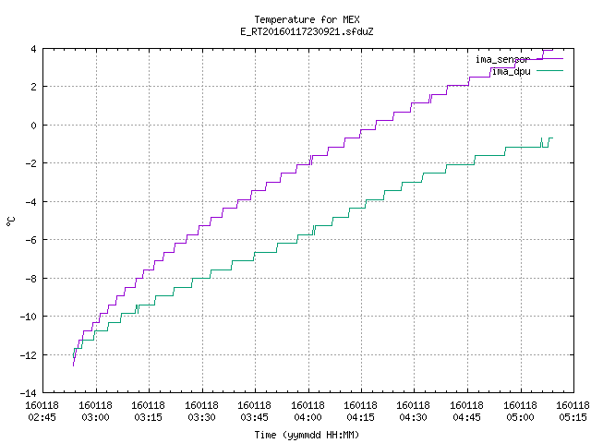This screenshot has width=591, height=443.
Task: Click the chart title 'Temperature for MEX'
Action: (307, 19)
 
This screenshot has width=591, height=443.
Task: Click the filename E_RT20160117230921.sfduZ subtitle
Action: (307, 31)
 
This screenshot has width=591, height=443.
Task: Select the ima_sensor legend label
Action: (502, 59)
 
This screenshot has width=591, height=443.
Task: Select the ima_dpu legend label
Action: (511, 71)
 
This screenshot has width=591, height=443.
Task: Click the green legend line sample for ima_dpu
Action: (549, 70)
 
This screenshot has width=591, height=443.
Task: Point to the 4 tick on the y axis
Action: (33, 49)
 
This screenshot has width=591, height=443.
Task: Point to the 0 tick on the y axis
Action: (33, 126)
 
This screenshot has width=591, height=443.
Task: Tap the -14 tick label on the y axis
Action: (28, 393)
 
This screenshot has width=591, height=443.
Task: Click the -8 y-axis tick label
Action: (30, 279)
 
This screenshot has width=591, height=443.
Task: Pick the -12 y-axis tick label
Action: (28, 354)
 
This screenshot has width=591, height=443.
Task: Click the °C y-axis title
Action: (10, 221)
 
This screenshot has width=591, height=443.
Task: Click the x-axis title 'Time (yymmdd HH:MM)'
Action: (307, 435)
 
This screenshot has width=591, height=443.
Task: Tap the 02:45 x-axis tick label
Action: (42, 417)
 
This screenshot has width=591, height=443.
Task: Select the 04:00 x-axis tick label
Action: (308, 417)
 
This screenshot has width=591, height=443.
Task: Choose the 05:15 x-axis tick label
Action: (573, 417)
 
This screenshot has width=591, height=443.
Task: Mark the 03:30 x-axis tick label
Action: (201, 417)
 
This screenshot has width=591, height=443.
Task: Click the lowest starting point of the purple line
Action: (73, 365)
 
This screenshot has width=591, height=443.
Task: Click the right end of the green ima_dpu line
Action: (552, 138)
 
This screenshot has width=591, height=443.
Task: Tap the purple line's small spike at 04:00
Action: (311, 160)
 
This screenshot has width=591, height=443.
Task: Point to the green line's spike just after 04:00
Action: (314, 230)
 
